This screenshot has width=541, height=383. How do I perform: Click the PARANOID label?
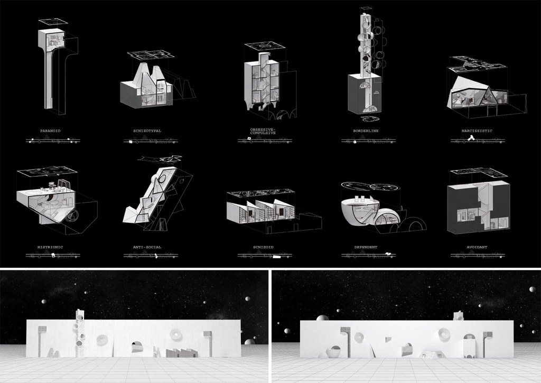coord(50,131)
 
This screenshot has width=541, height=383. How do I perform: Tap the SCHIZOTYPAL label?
coord(147,131)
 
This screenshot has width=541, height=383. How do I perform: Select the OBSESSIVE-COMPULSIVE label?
coord(263,131)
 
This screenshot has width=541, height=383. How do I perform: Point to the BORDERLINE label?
coord(366,131)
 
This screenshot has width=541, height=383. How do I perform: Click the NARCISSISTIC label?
coord(477,131)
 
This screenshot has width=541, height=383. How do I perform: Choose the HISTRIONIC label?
coord(50,247)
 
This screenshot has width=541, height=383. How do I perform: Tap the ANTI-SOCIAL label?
coord(147,247)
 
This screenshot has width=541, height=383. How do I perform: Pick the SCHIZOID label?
coord(263,247)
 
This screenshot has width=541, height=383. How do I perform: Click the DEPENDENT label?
coord(366,247)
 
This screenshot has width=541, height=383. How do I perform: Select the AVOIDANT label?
coord(477,247)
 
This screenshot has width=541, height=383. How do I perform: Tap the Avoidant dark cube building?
coord(478,206)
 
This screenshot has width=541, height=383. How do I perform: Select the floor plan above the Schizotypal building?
coord(150,54)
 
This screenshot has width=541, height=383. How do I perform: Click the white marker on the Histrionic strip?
coord(53,256)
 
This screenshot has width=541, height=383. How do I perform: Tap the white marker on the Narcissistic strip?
coord(471,139)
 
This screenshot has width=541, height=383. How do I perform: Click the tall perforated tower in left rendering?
coord(79,333)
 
